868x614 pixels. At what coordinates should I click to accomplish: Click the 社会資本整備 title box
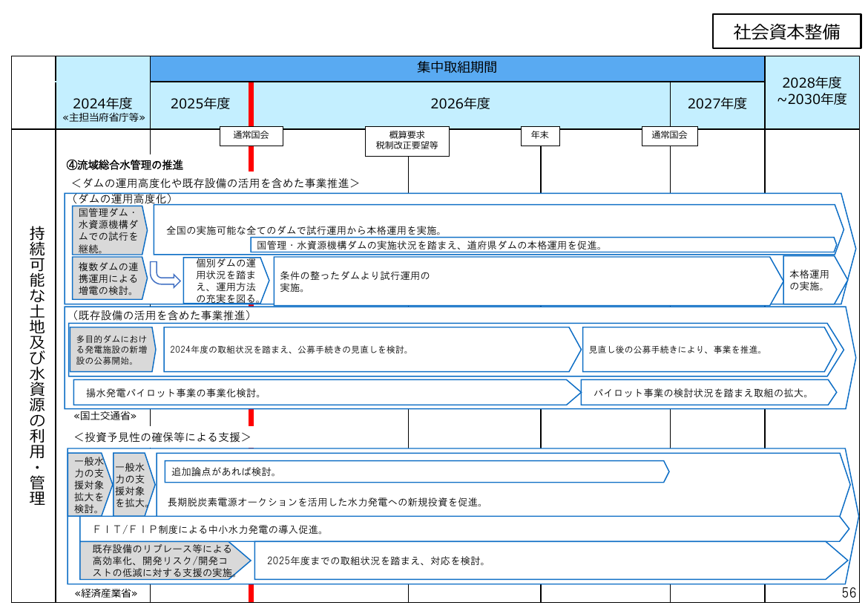pyautogui.click(x=786, y=32)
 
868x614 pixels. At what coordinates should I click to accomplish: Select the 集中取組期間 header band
pyautogui.click(x=457, y=68)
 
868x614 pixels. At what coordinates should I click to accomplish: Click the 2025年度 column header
pyautogui.click(x=200, y=104)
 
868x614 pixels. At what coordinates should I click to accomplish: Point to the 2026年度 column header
pyautogui.click(x=461, y=104)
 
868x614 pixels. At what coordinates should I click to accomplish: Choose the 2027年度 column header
pyautogui.click(x=717, y=104)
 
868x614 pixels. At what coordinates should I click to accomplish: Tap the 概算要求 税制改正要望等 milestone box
pyautogui.click(x=407, y=141)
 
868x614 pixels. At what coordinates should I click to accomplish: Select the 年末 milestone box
pyautogui.click(x=540, y=136)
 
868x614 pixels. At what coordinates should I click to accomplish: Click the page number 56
pyautogui.click(x=849, y=593)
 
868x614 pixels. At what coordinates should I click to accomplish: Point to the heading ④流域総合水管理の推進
pyautogui.click(x=125, y=165)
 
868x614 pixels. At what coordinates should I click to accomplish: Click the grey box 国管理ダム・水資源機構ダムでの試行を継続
pyautogui.click(x=109, y=230)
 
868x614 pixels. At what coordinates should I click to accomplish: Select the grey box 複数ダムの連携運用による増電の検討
pyautogui.click(x=109, y=278)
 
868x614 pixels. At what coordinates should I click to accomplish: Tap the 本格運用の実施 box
pyautogui.click(x=815, y=280)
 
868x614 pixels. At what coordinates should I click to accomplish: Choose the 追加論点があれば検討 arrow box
pyautogui.click(x=417, y=472)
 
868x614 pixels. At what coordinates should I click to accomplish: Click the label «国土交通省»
pyautogui.click(x=105, y=416)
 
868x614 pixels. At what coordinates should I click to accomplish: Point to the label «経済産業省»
pyautogui.click(x=106, y=593)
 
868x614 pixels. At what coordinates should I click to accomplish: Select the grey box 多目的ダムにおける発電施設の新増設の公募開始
pyautogui.click(x=112, y=350)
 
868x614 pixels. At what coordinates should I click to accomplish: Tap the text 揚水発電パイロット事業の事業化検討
pyautogui.click(x=174, y=393)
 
